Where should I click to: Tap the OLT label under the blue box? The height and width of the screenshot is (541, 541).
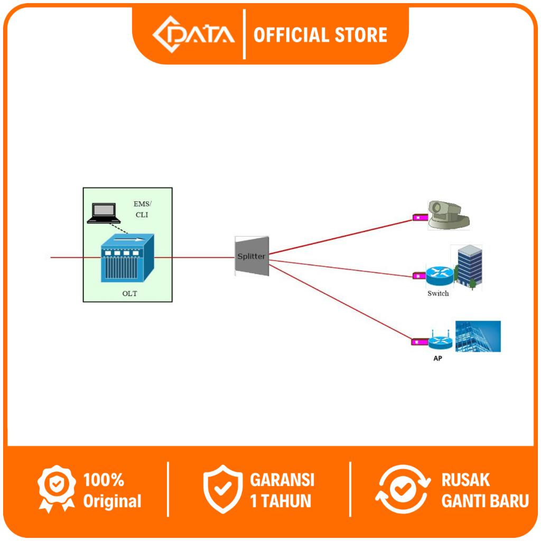[129, 294]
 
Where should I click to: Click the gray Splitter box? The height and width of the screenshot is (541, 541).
[252, 256]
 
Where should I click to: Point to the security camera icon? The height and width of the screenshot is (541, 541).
[447, 215]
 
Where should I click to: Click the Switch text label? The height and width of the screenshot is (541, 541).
[438, 293]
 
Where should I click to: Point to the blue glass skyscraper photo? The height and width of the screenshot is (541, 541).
[478, 336]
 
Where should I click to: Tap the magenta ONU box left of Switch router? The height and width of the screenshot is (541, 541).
[418, 275]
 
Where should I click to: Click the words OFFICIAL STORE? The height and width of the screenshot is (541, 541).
[320, 35]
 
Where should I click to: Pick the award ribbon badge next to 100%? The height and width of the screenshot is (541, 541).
[57, 489]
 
